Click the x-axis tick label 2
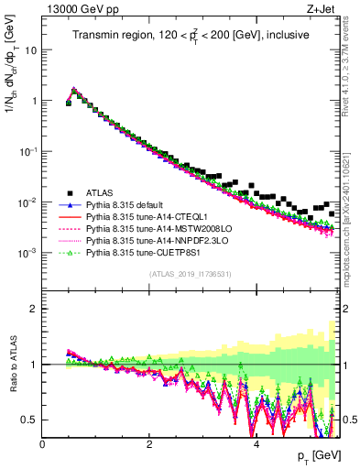pyautogui.click(x=149, y=444)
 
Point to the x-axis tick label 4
pyautogui.click(x=256, y=444)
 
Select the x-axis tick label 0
pyautogui.click(x=43, y=444)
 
